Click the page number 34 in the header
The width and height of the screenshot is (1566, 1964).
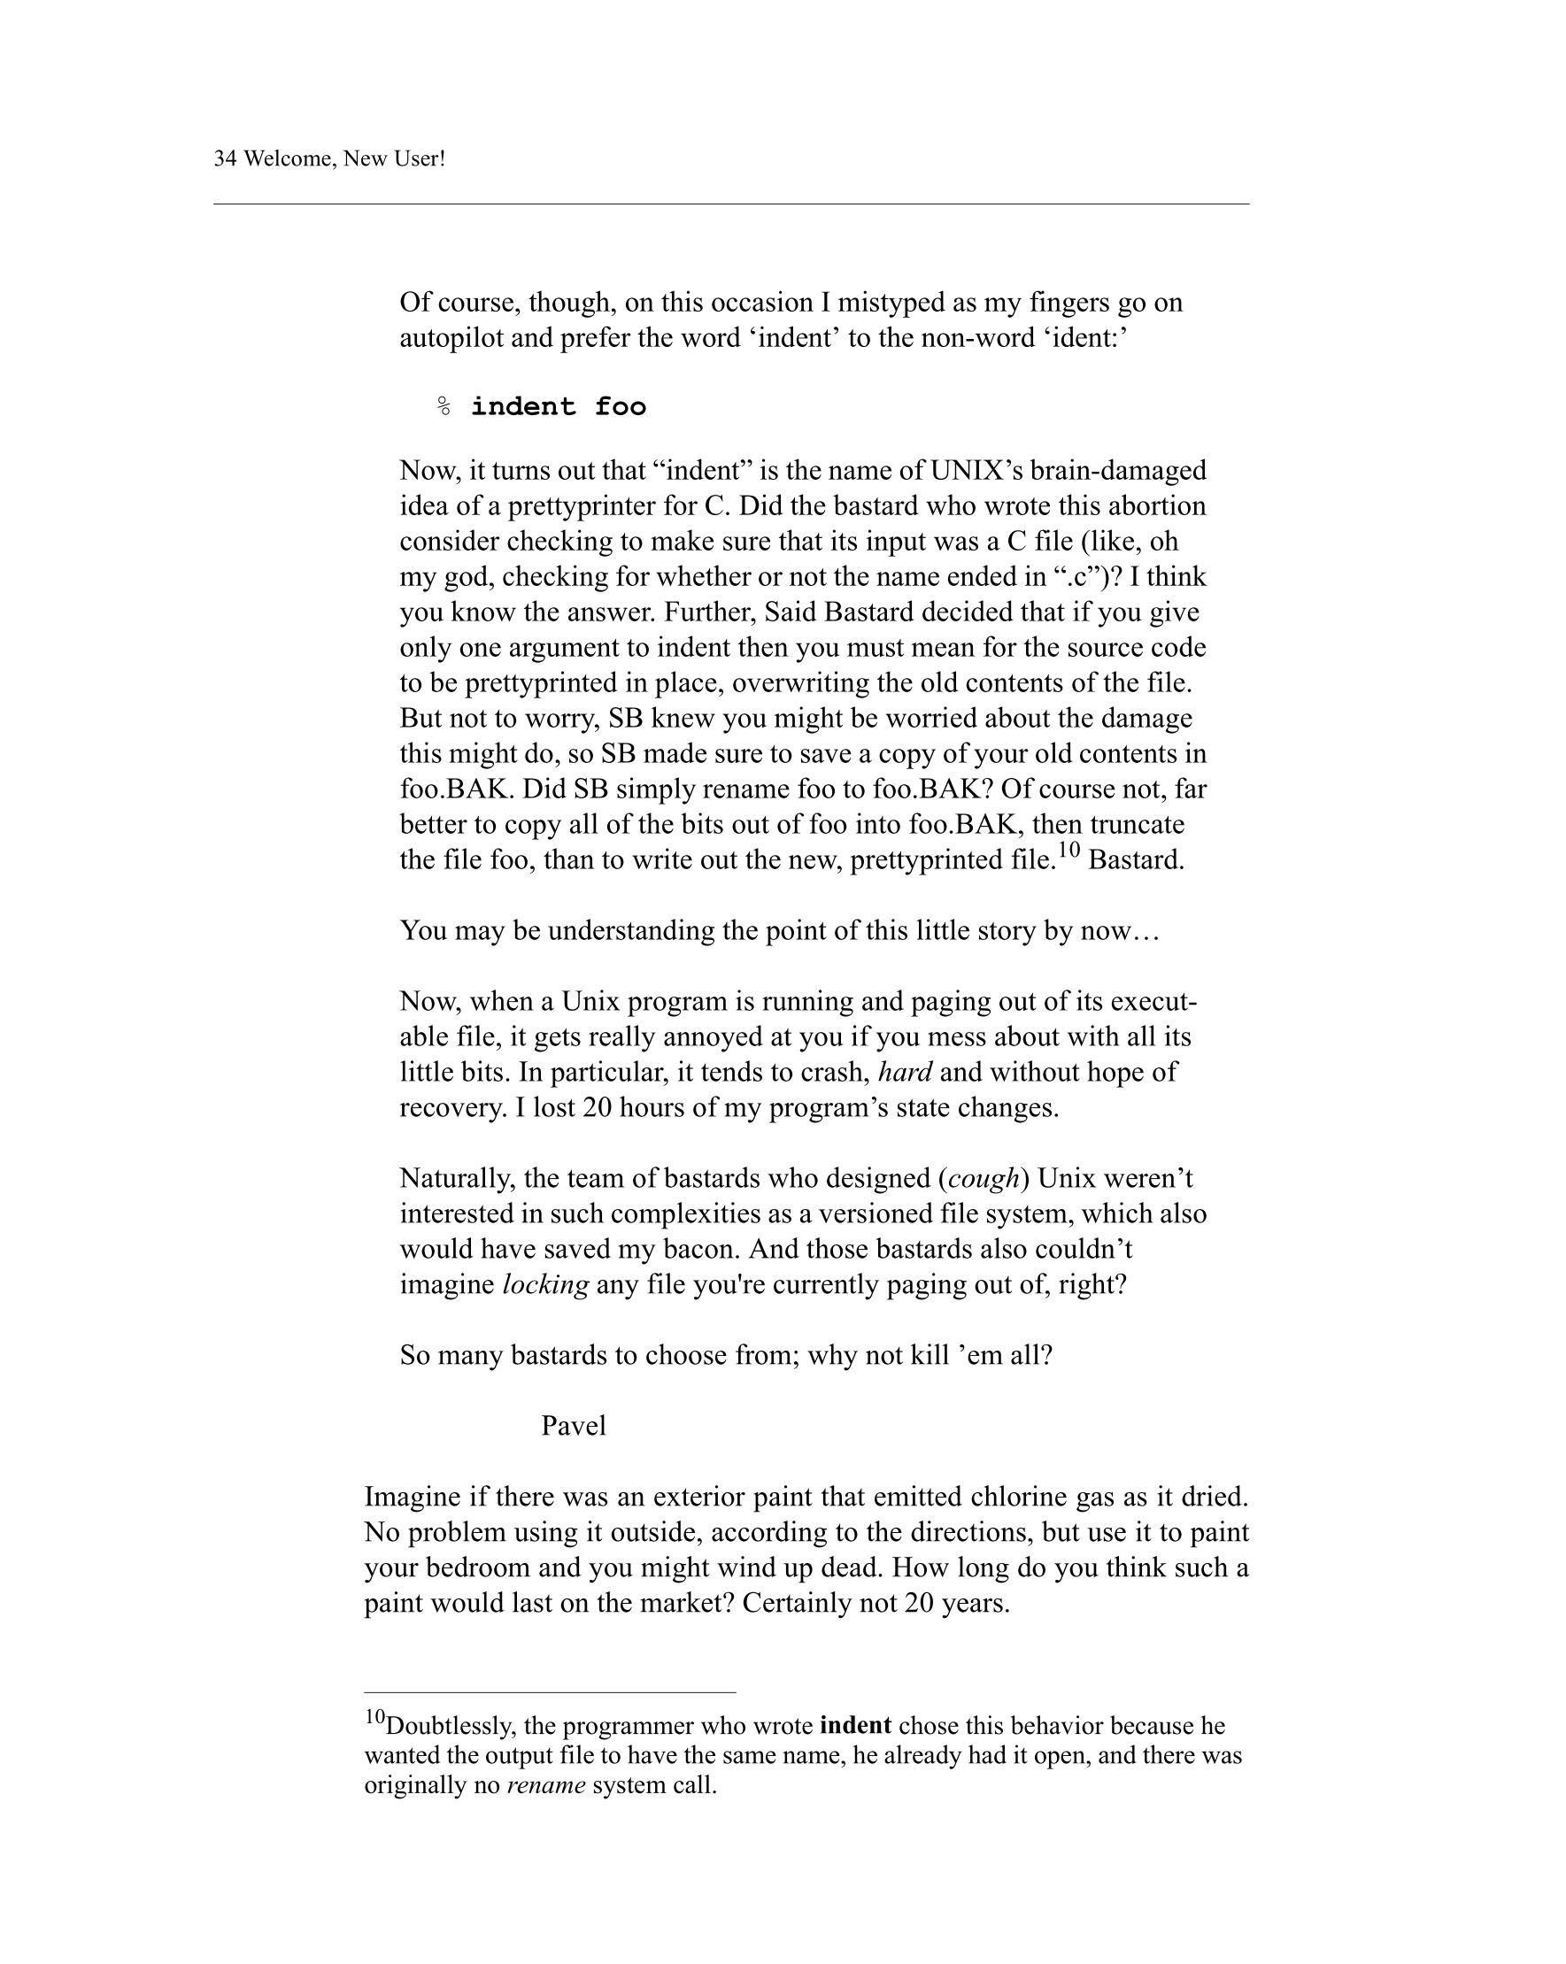225,159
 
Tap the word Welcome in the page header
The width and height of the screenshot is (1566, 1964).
285,159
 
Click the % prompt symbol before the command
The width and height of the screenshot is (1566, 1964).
444,406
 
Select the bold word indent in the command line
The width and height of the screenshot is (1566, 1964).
523,406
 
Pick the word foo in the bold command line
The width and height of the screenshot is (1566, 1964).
621,406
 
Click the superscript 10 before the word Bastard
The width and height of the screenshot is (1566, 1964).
1068,851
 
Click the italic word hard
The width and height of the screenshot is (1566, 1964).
904,1072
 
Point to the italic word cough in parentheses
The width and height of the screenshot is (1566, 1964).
983,1179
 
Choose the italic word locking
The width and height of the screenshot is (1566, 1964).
545,1285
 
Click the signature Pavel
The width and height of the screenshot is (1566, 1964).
573,1426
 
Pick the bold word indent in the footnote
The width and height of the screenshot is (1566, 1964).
855,1726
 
